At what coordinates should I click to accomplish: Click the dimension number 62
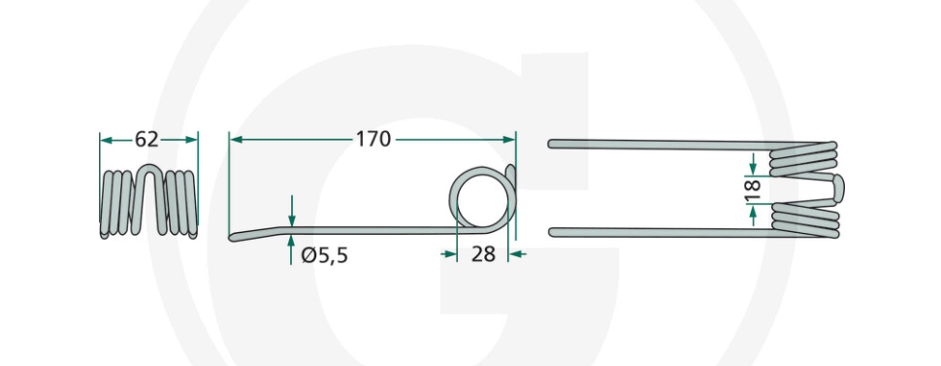click(146, 140)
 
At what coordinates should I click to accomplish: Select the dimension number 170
click(373, 140)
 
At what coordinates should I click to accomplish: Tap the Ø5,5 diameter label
click(325, 256)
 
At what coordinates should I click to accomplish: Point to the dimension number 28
click(483, 254)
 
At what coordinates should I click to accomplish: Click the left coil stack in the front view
click(118, 204)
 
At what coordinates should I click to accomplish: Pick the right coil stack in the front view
click(181, 204)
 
